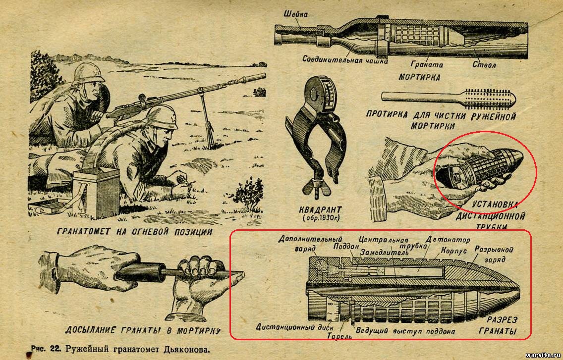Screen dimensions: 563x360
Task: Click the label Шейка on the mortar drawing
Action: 296,14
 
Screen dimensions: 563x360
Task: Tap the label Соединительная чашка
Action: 345,59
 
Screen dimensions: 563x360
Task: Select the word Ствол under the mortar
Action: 484,64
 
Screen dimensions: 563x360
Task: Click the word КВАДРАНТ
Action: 321,209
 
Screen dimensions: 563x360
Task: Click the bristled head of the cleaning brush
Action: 491,98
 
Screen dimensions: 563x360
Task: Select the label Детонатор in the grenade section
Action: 448,239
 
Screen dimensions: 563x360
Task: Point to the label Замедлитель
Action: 385,253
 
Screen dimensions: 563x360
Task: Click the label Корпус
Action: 453,250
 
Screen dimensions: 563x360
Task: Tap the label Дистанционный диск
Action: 294,327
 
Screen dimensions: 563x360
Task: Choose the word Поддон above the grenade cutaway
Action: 346,246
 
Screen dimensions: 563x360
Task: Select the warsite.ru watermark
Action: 543,355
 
